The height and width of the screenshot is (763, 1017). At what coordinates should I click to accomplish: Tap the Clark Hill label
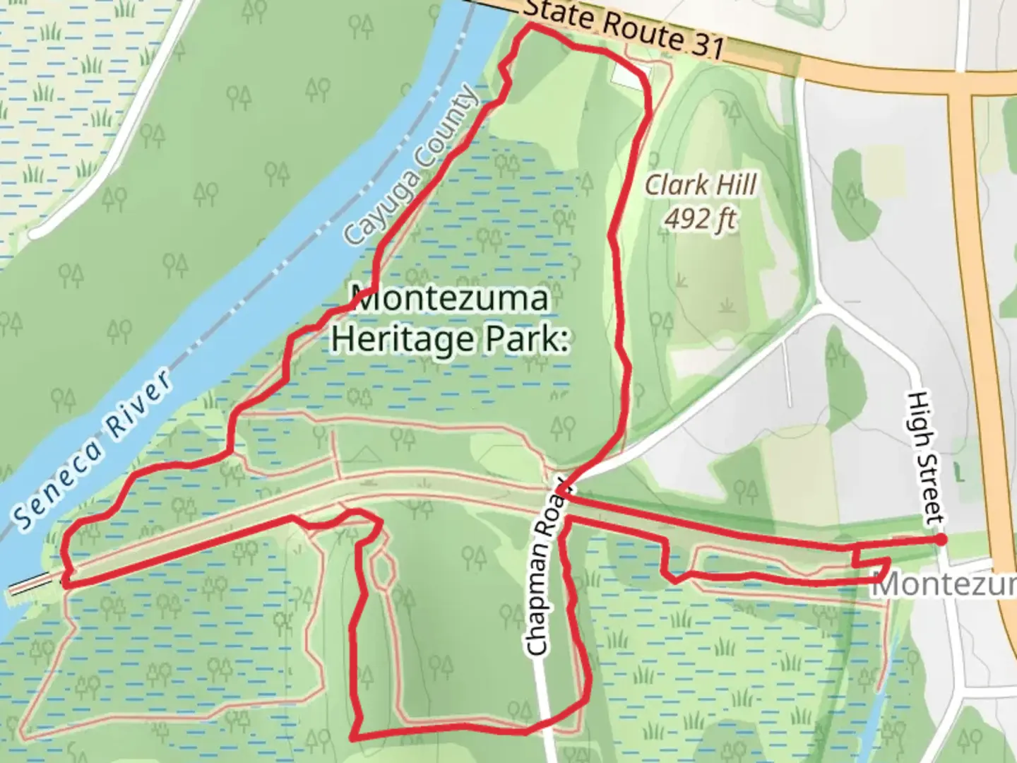701,185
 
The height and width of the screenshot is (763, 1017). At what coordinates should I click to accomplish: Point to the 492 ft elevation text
699,219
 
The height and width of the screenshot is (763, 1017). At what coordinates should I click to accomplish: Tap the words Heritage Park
450,338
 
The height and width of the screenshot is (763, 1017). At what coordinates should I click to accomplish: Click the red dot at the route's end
941,540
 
